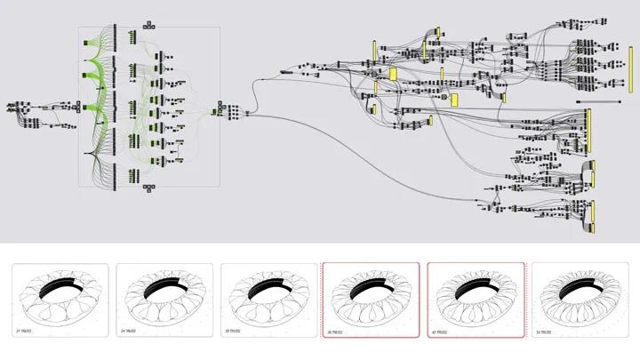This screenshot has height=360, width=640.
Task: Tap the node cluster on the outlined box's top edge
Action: point(148,25)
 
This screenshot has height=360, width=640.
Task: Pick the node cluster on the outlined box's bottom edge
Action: point(148,188)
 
